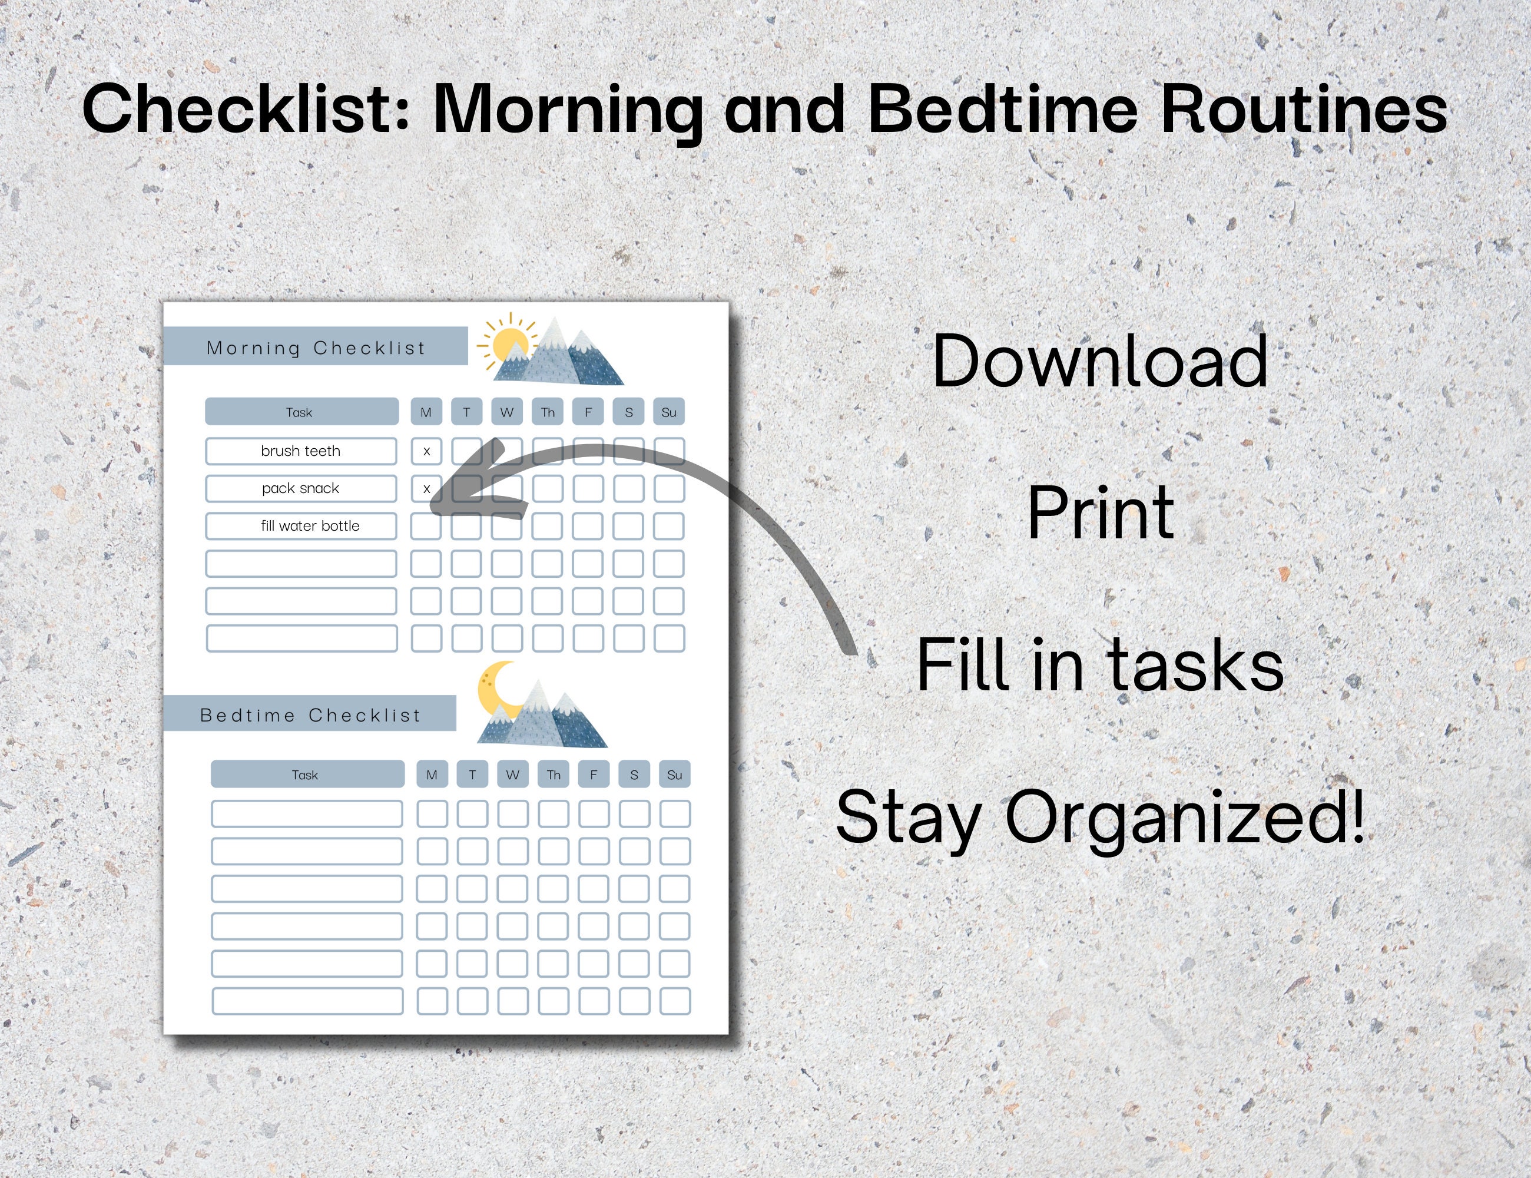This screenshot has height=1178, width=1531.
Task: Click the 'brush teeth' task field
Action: [301, 451]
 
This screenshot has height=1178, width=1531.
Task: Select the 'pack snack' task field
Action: [301, 489]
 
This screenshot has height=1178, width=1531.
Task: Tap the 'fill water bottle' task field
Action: [301, 526]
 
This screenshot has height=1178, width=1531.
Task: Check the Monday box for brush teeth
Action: [426, 451]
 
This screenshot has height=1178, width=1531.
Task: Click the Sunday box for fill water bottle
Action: [669, 526]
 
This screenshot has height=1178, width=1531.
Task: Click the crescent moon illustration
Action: [495, 689]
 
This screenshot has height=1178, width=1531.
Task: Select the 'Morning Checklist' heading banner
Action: [316, 347]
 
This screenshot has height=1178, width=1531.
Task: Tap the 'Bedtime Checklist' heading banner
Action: [310, 714]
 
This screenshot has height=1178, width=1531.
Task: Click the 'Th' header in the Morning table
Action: [548, 412]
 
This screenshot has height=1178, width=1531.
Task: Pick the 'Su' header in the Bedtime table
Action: [674, 775]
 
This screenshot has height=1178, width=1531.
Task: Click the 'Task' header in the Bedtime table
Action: [306, 775]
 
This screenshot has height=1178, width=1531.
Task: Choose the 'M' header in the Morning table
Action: [426, 412]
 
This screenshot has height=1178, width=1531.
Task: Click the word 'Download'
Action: [1100, 361]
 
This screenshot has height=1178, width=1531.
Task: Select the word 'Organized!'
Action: [1185, 817]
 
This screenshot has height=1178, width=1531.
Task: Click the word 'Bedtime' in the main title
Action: [1002, 110]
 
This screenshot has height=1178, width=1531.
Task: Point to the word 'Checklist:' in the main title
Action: [246, 110]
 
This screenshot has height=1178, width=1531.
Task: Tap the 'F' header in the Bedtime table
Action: [594, 775]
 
